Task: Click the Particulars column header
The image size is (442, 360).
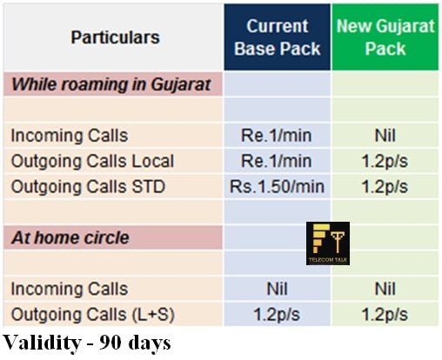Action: (x=116, y=37)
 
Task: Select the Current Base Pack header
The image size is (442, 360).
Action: (x=278, y=37)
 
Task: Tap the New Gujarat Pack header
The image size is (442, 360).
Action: (x=385, y=37)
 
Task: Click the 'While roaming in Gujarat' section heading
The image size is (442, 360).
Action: (x=111, y=84)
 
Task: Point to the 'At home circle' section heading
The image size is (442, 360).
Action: (x=70, y=237)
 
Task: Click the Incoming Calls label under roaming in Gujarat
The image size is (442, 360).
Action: (x=70, y=136)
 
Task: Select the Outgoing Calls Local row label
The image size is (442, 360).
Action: (x=92, y=161)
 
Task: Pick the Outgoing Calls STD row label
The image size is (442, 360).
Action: (x=88, y=186)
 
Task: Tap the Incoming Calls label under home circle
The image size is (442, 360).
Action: (x=70, y=289)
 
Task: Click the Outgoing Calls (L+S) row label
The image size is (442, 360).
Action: (x=93, y=315)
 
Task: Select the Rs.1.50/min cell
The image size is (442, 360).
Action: (x=277, y=186)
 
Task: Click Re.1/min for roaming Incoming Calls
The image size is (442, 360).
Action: (x=277, y=136)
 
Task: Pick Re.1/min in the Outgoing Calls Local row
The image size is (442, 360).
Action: (x=277, y=161)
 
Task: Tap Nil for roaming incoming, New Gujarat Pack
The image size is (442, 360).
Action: (x=385, y=136)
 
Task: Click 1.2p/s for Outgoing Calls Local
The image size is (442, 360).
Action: (x=385, y=161)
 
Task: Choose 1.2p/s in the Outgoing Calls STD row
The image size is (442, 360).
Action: (x=385, y=187)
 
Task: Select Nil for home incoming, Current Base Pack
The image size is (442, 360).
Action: (x=277, y=289)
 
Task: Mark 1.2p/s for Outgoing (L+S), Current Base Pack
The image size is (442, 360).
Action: (x=277, y=315)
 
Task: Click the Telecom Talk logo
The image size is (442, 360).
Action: (x=328, y=243)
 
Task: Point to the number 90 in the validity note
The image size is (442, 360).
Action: (x=110, y=343)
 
